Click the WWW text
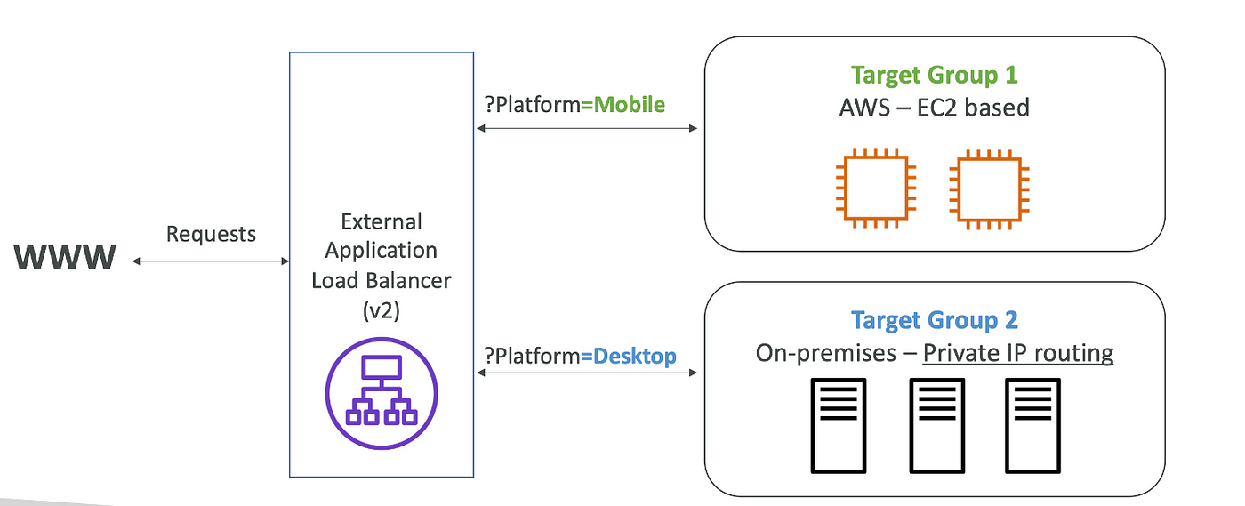[65, 258]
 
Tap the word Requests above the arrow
[211, 235]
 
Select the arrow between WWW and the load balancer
[211, 261]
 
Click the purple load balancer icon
[382, 392]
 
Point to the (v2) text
[382, 311]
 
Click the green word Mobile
[630, 105]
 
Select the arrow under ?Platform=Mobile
[586, 129]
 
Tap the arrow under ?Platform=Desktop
[586, 373]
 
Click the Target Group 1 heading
[934, 76]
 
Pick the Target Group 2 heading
[934, 320]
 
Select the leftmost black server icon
[838, 425]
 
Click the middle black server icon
[936, 425]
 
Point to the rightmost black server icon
[1032, 425]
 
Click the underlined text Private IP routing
[1018, 353]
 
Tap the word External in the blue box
[382, 221]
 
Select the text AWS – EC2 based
[934, 108]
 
